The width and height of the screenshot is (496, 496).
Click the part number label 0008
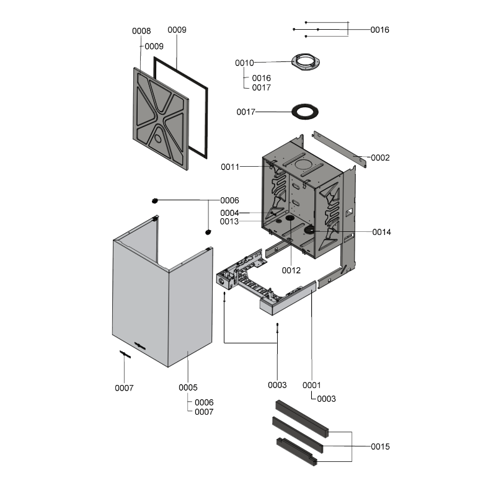point(141,31)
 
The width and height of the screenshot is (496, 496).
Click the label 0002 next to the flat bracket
point(380,158)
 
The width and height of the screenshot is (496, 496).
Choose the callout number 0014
point(381,232)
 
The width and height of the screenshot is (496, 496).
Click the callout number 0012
point(291,270)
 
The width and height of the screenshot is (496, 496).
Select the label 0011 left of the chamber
point(231,167)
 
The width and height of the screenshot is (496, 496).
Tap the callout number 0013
point(231,221)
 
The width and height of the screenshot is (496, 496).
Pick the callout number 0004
point(231,213)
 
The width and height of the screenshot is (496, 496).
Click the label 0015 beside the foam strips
point(380,446)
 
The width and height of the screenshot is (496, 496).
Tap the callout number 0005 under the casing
point(188,387)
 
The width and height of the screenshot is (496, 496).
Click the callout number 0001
point(312,385)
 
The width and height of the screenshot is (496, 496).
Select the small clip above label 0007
point(125,354)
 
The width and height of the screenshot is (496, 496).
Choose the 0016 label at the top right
point(380,30)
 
